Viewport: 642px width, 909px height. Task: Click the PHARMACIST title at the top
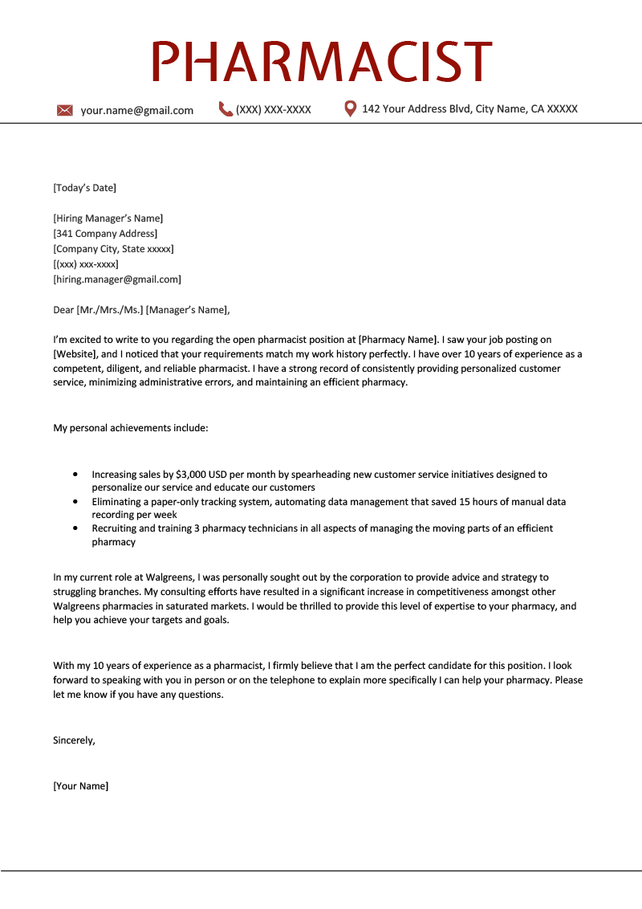[x=321, y=61]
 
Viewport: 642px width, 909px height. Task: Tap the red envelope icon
[x=65, y=110]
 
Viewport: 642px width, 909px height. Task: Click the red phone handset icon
[x=226, y=109]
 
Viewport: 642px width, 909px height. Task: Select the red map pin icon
[x=350, y=108]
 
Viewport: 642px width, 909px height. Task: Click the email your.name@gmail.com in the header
[x=136, y=111]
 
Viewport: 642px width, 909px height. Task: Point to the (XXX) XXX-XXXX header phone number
[x=273, y=110]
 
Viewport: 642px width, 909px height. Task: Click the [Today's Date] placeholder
[x=84, y=188]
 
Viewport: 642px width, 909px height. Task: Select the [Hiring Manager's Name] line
[x=108, y=218]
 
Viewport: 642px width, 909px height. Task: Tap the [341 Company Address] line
[x=105, y=234]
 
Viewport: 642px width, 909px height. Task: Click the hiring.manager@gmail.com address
[x=117, y=279]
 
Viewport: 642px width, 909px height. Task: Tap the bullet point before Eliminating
[x=75, y=502]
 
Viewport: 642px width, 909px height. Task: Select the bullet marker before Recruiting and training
[x=75, y=528]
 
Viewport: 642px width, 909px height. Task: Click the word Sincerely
[x=74, y=740]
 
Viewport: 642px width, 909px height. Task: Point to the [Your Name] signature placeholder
[x=80, y=786]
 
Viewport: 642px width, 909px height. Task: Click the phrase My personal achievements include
[x=130, y=428]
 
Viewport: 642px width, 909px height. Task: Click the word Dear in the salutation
[x=63, y=310]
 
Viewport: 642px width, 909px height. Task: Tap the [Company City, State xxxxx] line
[x=113, y=249]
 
